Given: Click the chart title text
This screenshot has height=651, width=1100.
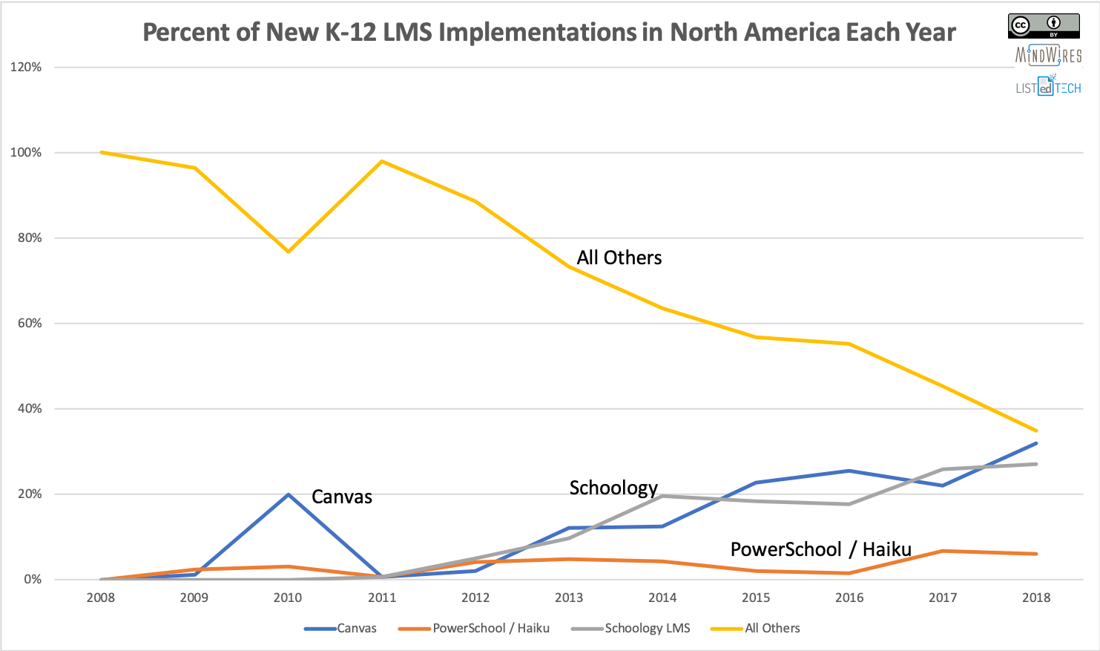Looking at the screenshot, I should tap(549, 33).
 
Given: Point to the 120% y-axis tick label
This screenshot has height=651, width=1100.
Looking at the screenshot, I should tap(26, 67).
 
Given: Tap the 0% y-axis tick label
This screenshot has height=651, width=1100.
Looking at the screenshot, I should tap(33, 579).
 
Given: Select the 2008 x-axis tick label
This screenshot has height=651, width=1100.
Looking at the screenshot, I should tap(101, 598).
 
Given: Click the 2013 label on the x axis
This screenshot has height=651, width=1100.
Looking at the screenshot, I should tap(569, 598).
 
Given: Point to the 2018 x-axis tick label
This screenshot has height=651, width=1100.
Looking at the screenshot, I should tap(1036, 598).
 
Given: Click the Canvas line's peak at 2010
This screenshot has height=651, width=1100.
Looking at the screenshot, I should tap(288, 494).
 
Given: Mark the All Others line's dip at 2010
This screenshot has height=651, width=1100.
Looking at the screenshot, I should tap(288, 252).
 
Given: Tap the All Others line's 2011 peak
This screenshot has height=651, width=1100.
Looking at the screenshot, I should tap(381, 161).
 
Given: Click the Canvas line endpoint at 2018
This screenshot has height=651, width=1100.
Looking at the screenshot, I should tap(1036, 443).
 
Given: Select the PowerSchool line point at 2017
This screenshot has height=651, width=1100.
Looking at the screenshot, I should tap(943, 551).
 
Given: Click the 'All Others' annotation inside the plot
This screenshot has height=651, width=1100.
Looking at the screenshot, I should tap(619, 258).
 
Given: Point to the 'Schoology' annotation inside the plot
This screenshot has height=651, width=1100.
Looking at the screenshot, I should tap(613, 488).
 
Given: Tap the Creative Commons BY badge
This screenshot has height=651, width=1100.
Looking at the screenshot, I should tap(1044, 26).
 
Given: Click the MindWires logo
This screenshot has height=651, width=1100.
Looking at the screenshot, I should tap(1048, 56).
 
